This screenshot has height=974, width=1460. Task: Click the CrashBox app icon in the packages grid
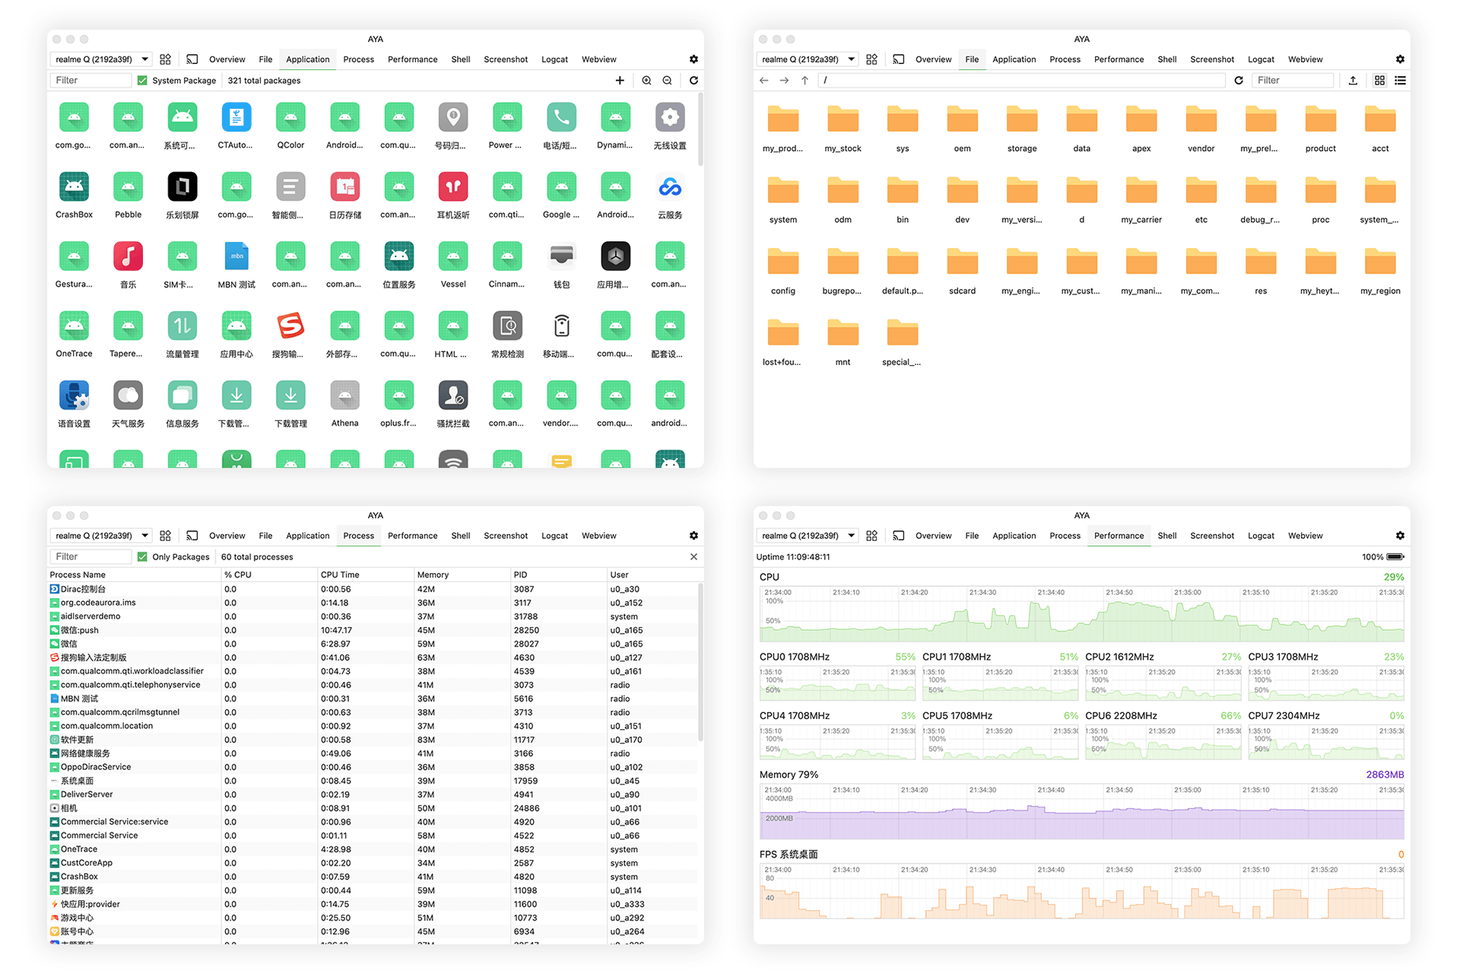[x=74, y=187]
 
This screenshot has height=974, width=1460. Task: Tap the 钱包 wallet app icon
[x=561, y=256]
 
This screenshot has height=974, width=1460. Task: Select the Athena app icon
[x=344, y=396]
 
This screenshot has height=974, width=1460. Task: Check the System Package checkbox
[x=142, y=81]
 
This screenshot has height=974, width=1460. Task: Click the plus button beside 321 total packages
[x=620, y=81]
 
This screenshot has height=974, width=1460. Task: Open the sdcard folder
[x=962, y=263]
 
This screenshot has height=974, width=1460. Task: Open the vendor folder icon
[x=1201, y=120]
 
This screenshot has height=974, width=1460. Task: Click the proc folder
[x=1320, y=192]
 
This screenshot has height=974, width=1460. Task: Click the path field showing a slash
[x=1019, y=81]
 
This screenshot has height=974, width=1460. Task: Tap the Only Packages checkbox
[x=142, y=557]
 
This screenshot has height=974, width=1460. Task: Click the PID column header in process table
[x=521, y=575]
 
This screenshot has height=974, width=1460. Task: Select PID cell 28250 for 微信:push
[x=526, y=630]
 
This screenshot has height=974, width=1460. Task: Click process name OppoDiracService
[x=96, y=767]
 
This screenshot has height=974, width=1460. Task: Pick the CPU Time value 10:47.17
[x=336, y=630]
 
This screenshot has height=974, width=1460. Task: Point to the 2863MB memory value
[x=1384, y=775]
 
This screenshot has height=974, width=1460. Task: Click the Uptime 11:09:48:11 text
[x=793, y=557]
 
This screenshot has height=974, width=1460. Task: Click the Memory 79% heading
[x=789, y=775]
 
